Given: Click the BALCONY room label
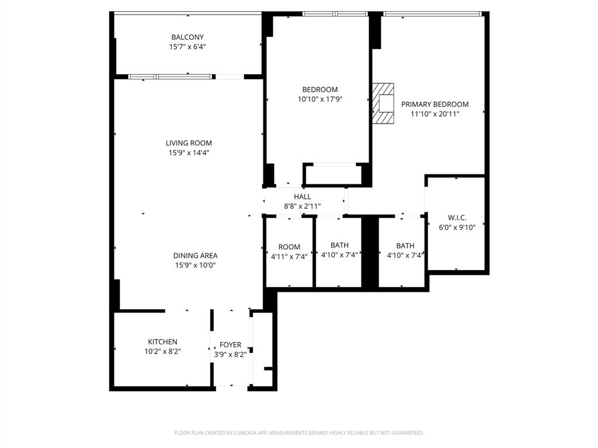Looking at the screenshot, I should (x=187, y=37).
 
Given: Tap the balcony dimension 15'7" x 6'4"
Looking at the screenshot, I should (x=187, y=47).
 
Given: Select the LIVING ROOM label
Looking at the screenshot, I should (x=189, y=143).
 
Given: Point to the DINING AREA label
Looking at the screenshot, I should (x=195, y=256).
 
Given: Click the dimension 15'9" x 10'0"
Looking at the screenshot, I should (x=195, y=265).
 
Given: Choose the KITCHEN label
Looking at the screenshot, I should (x=162, y=342).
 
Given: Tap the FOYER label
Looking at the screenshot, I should (x=230, y=345).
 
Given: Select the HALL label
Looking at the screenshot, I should (x=303, y=197).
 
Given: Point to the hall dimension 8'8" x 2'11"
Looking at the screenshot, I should (x=303, y=206).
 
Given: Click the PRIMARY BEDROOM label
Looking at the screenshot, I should (x=434, y=104).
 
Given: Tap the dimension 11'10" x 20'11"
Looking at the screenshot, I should (x=434, y=114).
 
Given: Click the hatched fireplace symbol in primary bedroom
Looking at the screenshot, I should (x=384, y=103).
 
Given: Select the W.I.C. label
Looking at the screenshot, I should (x=457, y=218).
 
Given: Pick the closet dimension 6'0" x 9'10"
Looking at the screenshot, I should (x=457, y=228).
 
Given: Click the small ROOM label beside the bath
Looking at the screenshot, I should (x=289, y=247).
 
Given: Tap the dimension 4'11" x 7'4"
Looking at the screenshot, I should (x=289, y=256).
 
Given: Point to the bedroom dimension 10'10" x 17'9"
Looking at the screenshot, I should (x=319, y=99).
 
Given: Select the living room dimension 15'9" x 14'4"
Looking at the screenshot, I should (x=189, y=153).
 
